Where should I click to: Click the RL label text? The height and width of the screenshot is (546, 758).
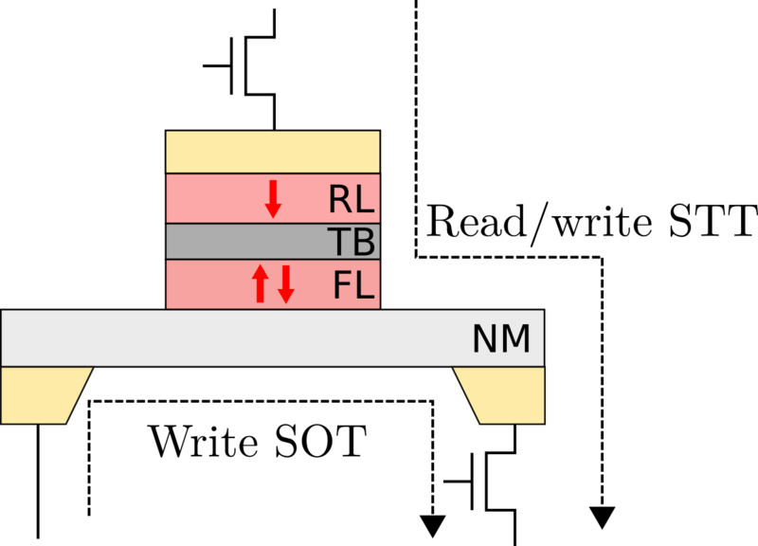click(352, 200)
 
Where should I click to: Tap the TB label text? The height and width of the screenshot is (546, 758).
click(352, 243)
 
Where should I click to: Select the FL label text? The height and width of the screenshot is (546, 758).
click(353, 285)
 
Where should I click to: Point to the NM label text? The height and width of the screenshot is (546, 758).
click(501, 339)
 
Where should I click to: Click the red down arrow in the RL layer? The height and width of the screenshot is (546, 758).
click(273, 198)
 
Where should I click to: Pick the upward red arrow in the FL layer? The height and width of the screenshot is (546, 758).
click(261, 284)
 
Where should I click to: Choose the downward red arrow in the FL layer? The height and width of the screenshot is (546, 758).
click(285, 284)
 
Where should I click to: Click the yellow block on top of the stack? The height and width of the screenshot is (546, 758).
click(273, 152)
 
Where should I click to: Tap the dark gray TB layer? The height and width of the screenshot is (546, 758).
click(246, 243)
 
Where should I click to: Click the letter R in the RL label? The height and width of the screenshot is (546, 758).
click(339, 200)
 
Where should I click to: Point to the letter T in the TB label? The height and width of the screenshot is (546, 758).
click(339, 243)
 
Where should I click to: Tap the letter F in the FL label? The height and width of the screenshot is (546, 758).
click(342, 285)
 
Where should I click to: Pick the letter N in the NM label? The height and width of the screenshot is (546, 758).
click(485, 339)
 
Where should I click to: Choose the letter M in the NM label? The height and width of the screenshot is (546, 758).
click(515, 339)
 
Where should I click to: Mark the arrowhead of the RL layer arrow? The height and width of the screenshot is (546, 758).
click(273, 210)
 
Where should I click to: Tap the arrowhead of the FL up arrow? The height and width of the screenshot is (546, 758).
click(261, 272)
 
